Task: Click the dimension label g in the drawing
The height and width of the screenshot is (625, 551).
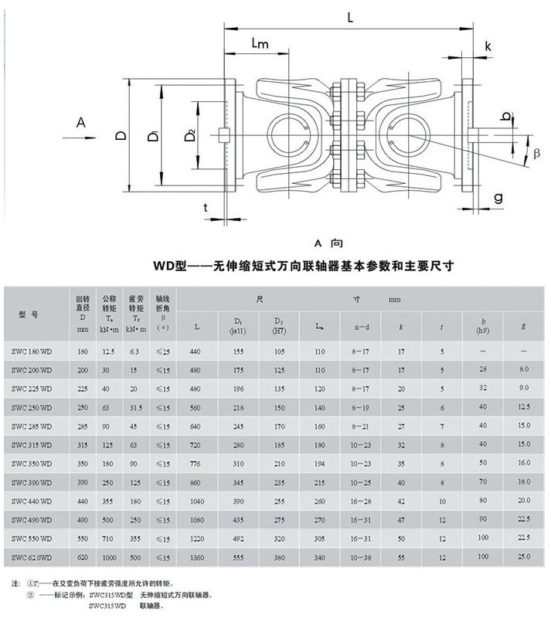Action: coord(498,197)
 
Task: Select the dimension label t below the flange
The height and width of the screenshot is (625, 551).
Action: coord(205,206)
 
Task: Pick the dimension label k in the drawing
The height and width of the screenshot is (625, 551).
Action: coord(488,46)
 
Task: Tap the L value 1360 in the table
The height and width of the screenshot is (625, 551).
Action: coord(197,556)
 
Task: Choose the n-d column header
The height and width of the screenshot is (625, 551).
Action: coord(361,326)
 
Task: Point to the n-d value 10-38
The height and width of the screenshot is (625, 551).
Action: coord(361,556)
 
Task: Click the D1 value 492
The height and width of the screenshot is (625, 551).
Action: coord(238,538)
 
